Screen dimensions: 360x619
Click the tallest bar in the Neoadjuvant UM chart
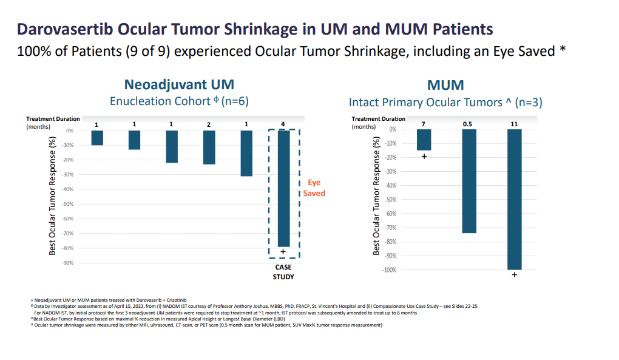[283, 188]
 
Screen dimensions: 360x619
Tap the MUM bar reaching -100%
[515, 199]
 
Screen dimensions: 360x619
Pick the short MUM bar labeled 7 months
[424, 140]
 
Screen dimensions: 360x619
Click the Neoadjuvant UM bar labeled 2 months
[209, 148]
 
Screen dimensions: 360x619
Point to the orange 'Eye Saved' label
[314, 188]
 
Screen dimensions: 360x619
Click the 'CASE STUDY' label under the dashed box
[283, 272]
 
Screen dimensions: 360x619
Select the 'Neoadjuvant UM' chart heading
[179, 84]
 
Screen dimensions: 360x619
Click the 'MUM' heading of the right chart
[445, 84]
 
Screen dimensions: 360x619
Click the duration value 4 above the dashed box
[283, 124]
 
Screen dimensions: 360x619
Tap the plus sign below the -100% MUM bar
[515, 276]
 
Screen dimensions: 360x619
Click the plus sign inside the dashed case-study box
[283, 252]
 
